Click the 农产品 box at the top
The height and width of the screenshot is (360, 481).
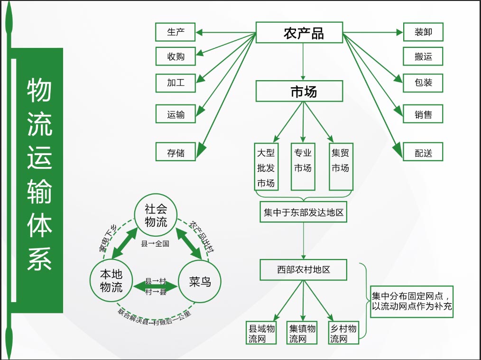299,33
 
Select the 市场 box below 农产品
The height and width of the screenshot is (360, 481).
299,91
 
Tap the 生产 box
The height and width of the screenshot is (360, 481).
176,32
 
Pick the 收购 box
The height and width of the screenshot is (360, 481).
176,56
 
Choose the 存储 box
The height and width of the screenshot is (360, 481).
176,153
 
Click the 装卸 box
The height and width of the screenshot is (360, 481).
423,32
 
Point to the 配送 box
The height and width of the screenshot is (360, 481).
423,153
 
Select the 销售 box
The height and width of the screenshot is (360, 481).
423,114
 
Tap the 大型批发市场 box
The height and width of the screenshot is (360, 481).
266,167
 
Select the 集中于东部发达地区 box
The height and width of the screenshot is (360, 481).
304,212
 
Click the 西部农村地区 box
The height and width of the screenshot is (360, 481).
304,269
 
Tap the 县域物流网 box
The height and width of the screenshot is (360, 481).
262,333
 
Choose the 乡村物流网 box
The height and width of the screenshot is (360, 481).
343,333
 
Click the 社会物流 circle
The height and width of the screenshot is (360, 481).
156,216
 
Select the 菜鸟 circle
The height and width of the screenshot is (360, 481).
200,282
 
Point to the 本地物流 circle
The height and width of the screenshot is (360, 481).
111,281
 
